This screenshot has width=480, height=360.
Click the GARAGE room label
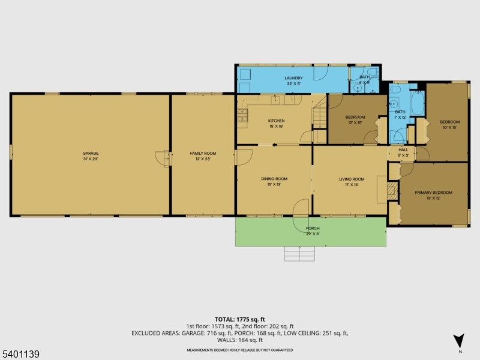pos(91,154)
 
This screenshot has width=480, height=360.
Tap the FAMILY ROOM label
pos(203,154)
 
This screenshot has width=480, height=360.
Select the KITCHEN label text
pos(276,121)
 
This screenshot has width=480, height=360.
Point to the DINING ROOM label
pos(274,179)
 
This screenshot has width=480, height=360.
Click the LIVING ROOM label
pos(352,179)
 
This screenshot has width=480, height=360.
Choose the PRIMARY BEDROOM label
pos(434,193)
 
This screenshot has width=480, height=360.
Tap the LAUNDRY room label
pos(294,78)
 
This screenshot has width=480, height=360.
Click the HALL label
pos(403,149)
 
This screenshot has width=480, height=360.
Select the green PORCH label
pos(313,229)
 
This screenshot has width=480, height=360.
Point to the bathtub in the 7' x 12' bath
pos(418,98)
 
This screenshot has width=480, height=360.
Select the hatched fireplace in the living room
pos(391,192)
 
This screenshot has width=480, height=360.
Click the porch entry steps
pos(299,254)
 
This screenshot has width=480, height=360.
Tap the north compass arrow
pos(459,340)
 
